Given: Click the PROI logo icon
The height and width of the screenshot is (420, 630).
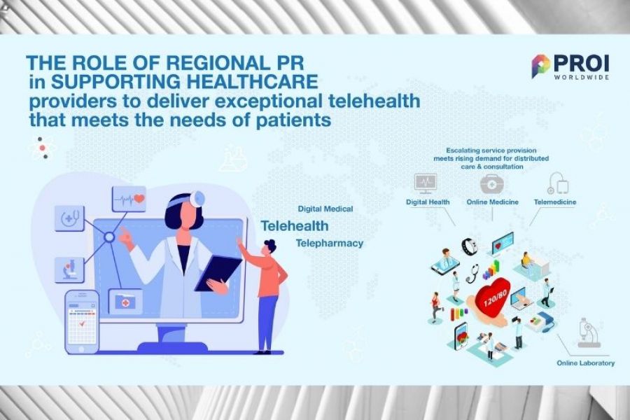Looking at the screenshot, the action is click(540, 66).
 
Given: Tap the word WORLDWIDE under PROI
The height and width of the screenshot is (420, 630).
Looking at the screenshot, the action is click(582, 77).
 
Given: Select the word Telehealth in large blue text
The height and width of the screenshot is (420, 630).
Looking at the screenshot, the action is click(295, 226).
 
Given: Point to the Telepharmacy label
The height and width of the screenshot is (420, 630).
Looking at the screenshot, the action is click(330, 243).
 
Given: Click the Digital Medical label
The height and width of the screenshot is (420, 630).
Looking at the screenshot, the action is click(325, 209).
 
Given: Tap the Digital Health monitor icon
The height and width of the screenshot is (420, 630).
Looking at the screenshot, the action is click(426, 183).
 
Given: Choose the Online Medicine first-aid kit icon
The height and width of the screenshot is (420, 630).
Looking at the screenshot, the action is click(492, 183).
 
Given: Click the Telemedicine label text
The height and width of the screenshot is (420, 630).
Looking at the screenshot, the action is click(555, 202).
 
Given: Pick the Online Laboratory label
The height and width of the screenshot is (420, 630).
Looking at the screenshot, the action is click(585, 363).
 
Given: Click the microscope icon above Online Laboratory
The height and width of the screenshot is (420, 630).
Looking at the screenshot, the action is click(589, 332).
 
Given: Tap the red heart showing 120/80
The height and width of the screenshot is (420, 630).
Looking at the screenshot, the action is click(493, 297).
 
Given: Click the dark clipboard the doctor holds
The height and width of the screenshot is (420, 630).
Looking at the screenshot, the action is click(218, 273).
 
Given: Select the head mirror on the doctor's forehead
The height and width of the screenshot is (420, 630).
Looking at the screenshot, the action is click(197, 199).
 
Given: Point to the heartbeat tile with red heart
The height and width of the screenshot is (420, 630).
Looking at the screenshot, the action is click(129, 199).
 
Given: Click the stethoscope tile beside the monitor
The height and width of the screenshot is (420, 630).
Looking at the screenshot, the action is click(69, 218).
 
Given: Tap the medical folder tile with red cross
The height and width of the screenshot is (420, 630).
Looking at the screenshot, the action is click(126, 302).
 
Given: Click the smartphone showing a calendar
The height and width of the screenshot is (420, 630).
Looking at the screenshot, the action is click(82, 322).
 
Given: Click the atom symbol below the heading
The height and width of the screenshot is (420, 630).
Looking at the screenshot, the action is click(43, 148).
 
